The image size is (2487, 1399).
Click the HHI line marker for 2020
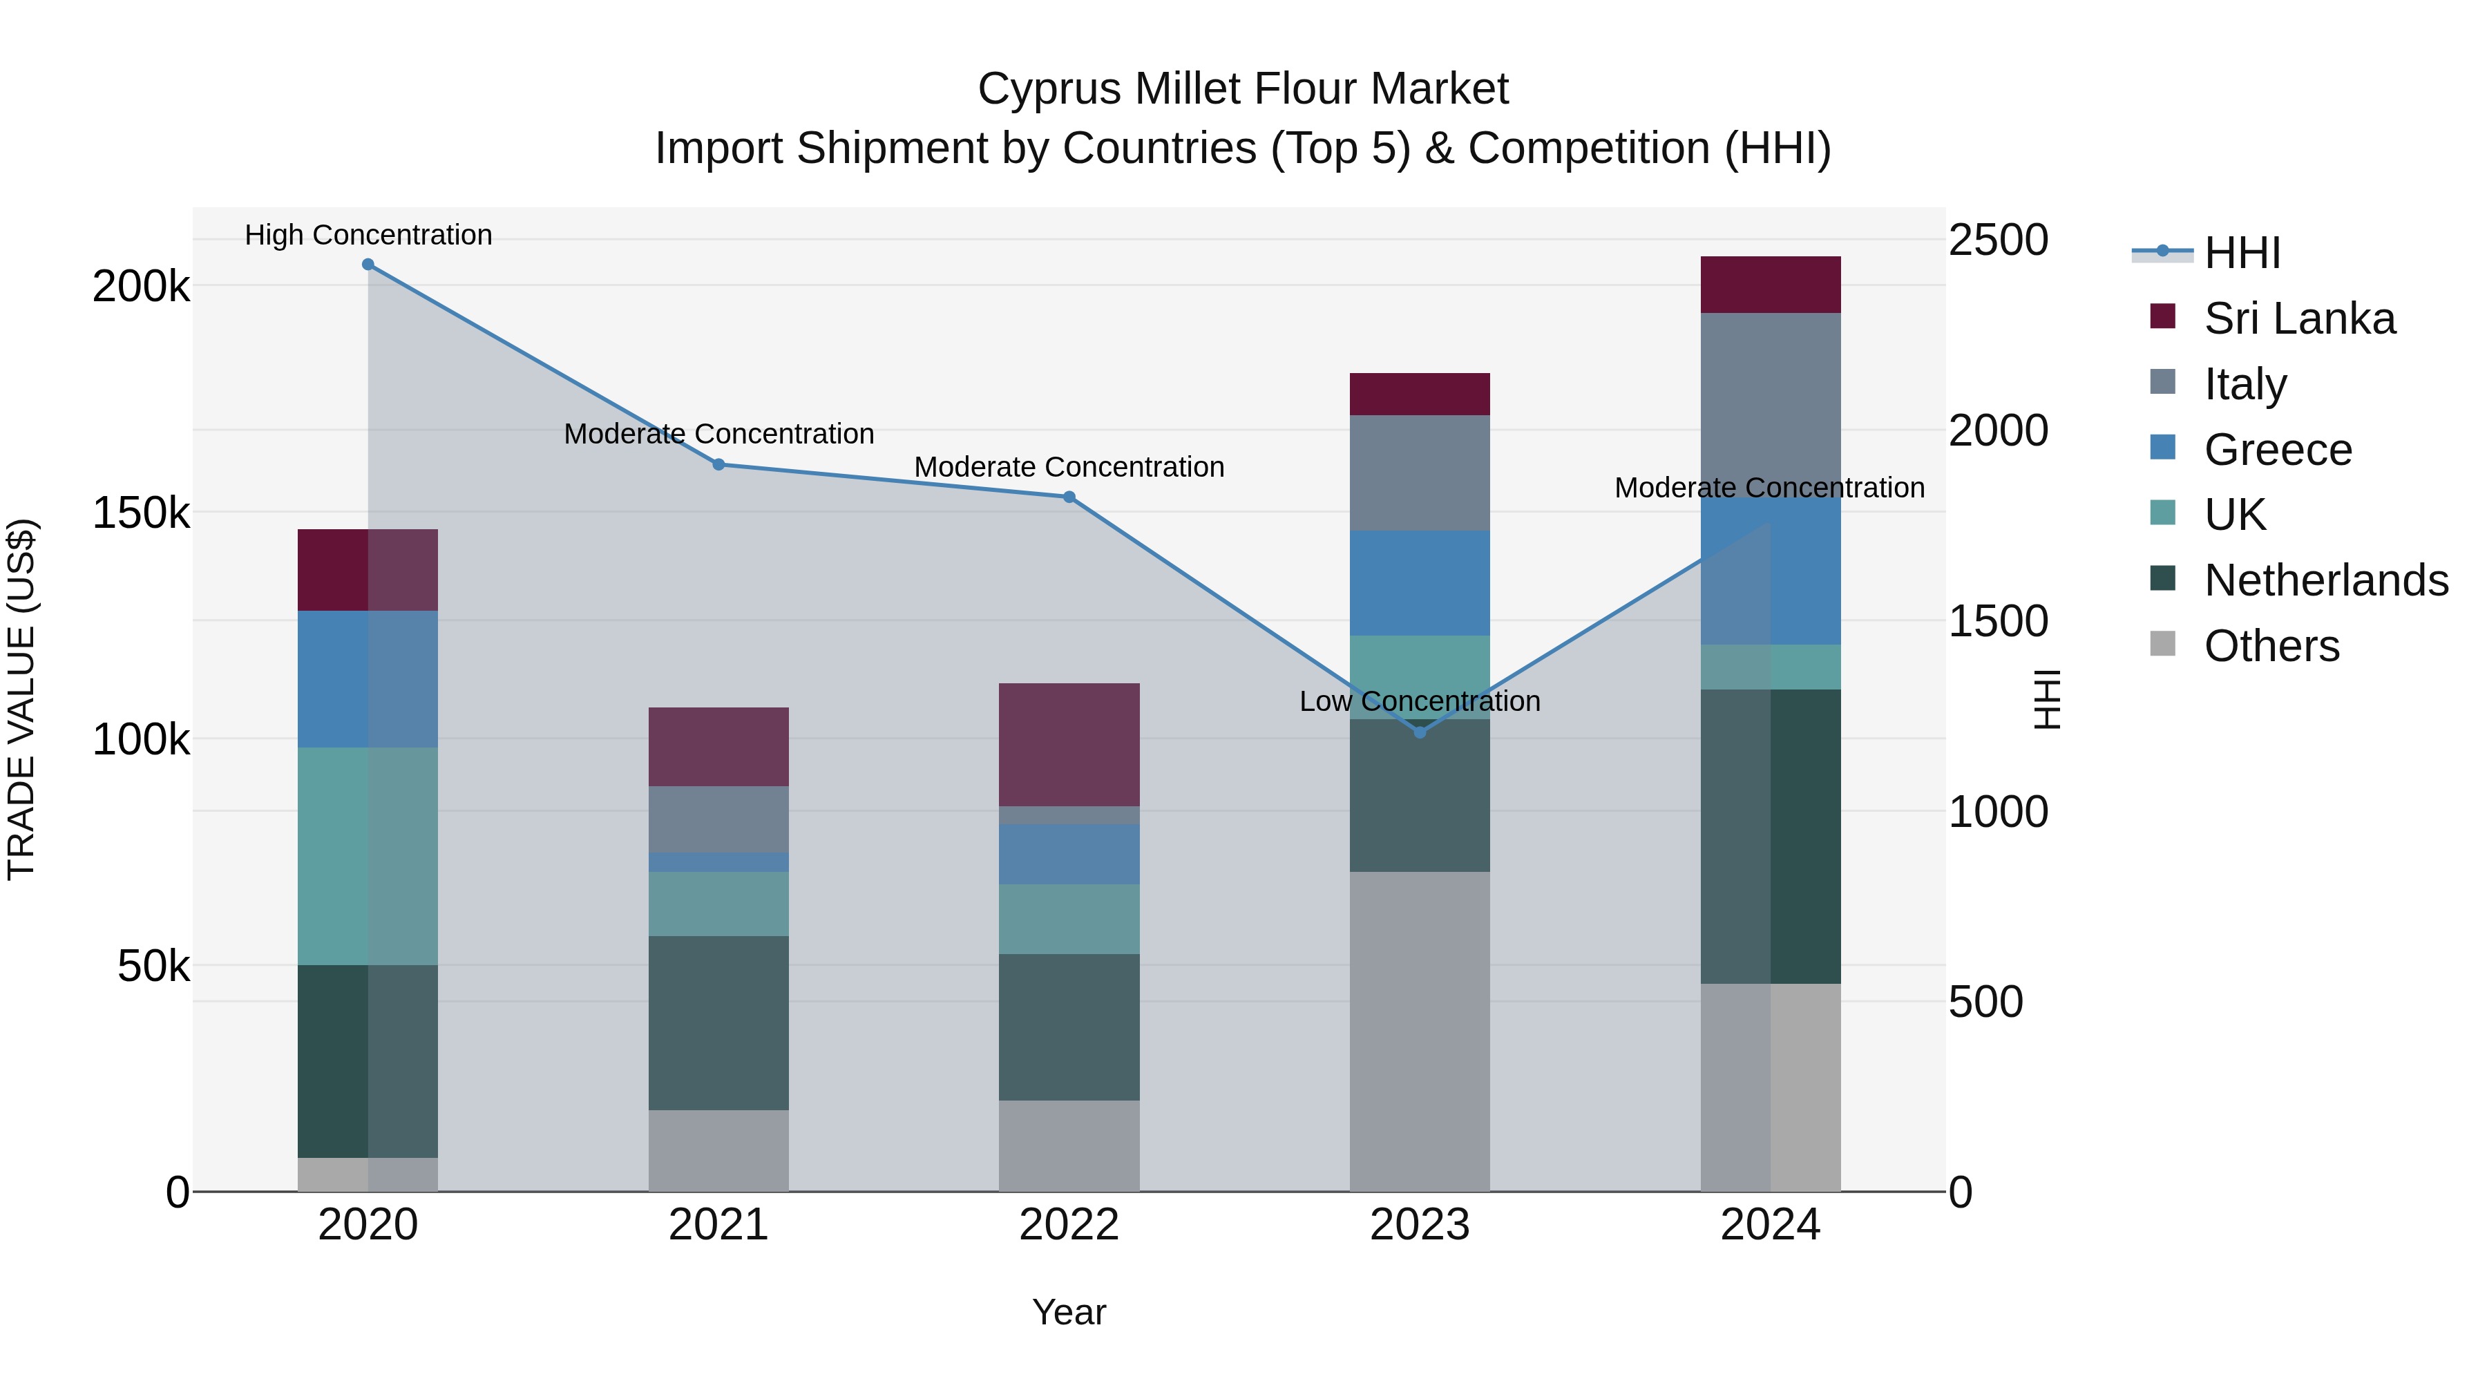pos(368,265)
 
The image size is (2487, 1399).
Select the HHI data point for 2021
pos(718,464)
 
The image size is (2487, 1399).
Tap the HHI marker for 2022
pos(1069,497)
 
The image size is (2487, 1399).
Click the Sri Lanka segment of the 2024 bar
pos(1770,285)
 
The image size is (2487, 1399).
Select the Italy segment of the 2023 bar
pos(1419,473)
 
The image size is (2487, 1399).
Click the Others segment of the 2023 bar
pos(1419,1031)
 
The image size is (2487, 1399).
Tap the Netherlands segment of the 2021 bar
pos(718,1022)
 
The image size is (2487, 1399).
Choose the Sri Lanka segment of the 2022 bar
pos(1069,744)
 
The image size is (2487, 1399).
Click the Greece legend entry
pos(2278,450)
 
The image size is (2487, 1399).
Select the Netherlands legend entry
pos(2325,580)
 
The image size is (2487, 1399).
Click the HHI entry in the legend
pos(2242,253)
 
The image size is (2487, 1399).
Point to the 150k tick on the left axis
pos(141,513)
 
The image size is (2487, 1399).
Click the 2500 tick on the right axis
pos(1997,240)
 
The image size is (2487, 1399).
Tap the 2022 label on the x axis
pos(1069,1225)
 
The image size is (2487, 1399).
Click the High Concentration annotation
pos(368,235)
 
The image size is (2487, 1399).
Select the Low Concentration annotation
pos(1419,701)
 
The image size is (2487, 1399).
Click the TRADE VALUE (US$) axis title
pos(21,699)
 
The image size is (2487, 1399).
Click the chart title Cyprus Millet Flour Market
pos(1243,89)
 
